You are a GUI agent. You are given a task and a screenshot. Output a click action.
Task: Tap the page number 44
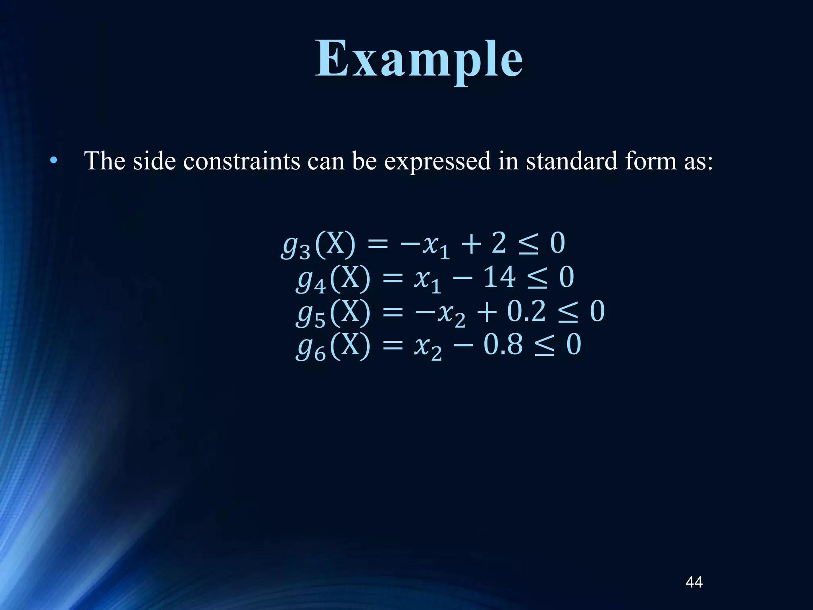pyautogui.click(x=694, y=582)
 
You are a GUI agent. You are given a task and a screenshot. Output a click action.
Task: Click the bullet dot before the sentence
pyautogui.click(x=54, y=161)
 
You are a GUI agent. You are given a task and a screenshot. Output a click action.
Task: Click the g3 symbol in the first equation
pyautogui.click(x=296, y=246)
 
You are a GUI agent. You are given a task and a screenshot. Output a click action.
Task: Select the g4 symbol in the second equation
pyautogui.click(x=311, y=280)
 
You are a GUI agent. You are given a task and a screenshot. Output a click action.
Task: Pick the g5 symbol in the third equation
pyautogui.click(x=311, y=314)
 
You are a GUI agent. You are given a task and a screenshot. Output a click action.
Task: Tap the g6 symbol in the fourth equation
pyautogui.click(x=311, y=347)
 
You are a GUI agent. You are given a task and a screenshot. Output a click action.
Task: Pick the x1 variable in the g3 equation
pyautogui.click(x=435, y=246)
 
